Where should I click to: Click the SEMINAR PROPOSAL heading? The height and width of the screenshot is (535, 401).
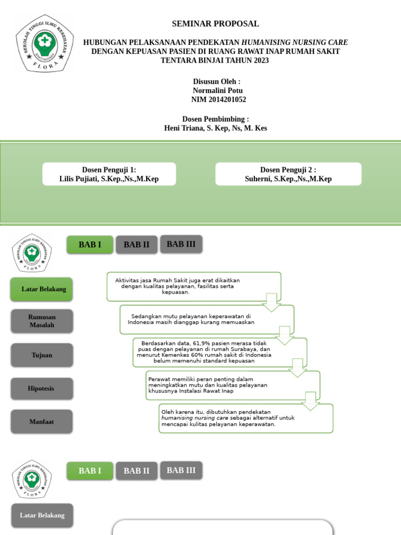click(215, 24)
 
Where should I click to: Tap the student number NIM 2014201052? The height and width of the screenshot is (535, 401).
click(218, 99)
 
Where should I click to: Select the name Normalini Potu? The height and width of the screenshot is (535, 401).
click(218, 90)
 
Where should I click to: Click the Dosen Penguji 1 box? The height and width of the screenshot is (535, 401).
click(109, 174)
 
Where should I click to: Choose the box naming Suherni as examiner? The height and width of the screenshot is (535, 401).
click(288, 174)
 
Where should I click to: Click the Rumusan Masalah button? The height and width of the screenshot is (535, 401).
click(42, 321)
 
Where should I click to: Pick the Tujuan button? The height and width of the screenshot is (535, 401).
click(42, 355)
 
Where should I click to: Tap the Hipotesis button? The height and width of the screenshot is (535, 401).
click(42, 388)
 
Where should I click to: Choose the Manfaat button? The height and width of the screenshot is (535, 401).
click(42, 421)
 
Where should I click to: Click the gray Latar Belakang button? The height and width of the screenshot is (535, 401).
click(42, 515)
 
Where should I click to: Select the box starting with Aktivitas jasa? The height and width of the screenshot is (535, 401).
click(194, 286)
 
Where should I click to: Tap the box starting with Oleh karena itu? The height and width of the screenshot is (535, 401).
click(246, 418)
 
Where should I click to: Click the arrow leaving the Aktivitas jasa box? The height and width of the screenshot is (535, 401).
click(272, 303)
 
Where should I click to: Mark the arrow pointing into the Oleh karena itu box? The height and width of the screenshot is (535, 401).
click(311, 401)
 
